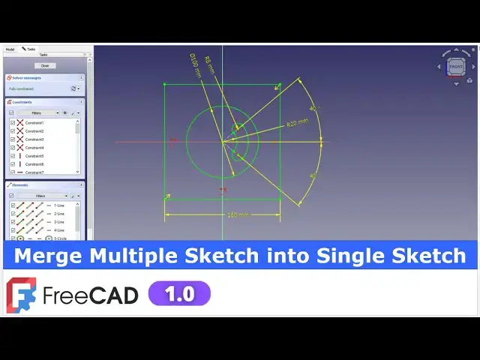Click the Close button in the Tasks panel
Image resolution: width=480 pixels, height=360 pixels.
click(44, 66)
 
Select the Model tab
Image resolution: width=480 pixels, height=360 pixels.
click(10, 49)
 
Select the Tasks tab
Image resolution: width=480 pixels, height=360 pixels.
click(29, 49)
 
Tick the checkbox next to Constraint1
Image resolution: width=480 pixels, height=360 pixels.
click(13, 122)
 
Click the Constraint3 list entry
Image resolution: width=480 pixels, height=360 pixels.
click(34, 139)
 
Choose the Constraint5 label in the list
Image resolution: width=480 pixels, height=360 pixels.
click(34, 156)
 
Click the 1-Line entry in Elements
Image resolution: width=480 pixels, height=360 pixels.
click(58, 205)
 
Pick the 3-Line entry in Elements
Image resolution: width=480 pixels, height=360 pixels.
click(58, 222)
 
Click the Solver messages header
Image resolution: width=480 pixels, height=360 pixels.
click(27, 77)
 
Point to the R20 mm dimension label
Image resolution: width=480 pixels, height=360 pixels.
click(297, 122)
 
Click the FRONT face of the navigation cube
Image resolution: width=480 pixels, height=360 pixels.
click(455, 67)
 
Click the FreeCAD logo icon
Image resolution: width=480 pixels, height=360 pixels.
click(20, 294)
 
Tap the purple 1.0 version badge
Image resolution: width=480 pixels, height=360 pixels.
click(179, 293)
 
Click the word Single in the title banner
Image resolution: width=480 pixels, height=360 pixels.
click(351, 256)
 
